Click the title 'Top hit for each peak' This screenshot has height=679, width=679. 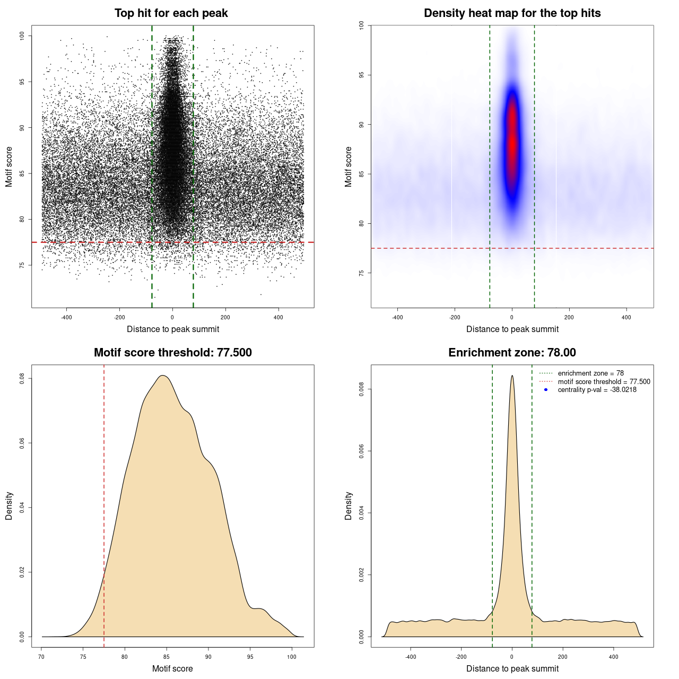pyautogui.click(x=171, y=13)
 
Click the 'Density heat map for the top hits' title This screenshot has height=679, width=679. pyautogui.click(x=512, y=13)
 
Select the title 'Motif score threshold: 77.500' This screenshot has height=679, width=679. pyautogui.click(x=172, y=353)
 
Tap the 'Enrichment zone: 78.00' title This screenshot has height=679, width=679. pyautogui.click(x=512, y=353)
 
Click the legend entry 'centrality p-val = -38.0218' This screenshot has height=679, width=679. pyautogui.click(x=597, y=390)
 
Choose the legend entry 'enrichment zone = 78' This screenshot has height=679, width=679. pyautogui.click(x=590, y=373)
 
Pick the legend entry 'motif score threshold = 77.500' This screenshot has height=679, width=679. pyautogui.click(x=604, y=381)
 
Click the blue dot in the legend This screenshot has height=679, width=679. pyautogui.click(x=546, y=390)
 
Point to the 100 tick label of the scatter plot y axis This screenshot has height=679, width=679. pyautogui.click(x=22, y=36)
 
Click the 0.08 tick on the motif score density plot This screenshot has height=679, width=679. pyautogui.click(x=22, y=378)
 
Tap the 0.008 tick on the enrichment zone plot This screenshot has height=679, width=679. pyautogui.click(x=362, y=389)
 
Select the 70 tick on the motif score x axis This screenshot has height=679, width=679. pyautogui.click(x=41, y=657)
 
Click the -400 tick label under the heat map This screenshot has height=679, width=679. pyautogui.click(x=397, y=317)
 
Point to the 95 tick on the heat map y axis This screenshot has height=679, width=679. pyautogui.click(x=362, y=75)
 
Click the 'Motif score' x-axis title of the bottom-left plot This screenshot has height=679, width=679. pyautogui.click(x=172, y=668)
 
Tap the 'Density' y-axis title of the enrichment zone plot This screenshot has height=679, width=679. pyautogui.click(x=349, y=506)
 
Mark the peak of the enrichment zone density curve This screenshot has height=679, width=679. pyautogui.click(x=512, y=376)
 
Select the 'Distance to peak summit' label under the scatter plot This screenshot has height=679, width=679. pyautogui.click(x=173, y=329)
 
